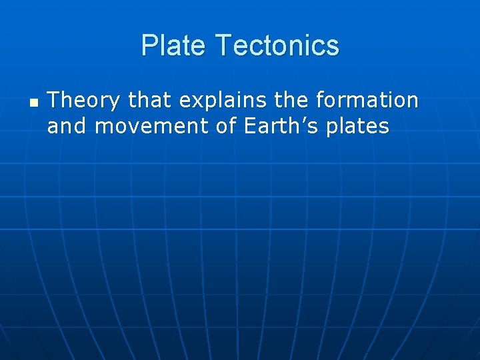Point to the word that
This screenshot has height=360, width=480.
[x=149, y=101]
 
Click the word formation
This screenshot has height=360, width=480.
[x=367, y=101]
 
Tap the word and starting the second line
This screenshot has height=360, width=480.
[x=67, y=127]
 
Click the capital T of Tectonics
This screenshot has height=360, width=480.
[x=223, y=46]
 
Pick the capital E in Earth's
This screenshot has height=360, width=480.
[x=251, y=127]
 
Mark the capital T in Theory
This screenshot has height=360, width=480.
[x=54, y=101]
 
